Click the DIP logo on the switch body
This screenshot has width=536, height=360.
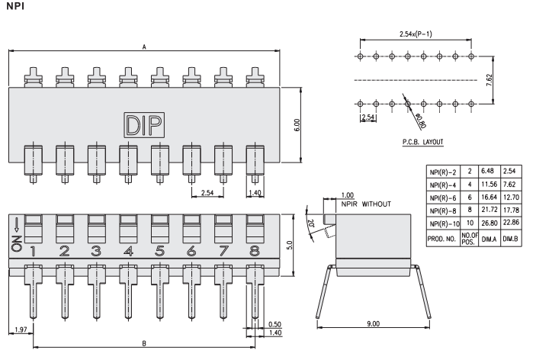tap(143, 124)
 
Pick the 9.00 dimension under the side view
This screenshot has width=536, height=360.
tap(373, 325)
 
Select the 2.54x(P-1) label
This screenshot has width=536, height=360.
tap(416, 34)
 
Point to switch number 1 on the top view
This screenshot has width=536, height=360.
tap(33, 250)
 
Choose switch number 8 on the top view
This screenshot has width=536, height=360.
tap(255, 250)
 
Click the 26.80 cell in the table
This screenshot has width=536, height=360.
tap(489, 224)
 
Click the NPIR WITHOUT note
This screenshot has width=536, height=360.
tap(366, 205)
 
